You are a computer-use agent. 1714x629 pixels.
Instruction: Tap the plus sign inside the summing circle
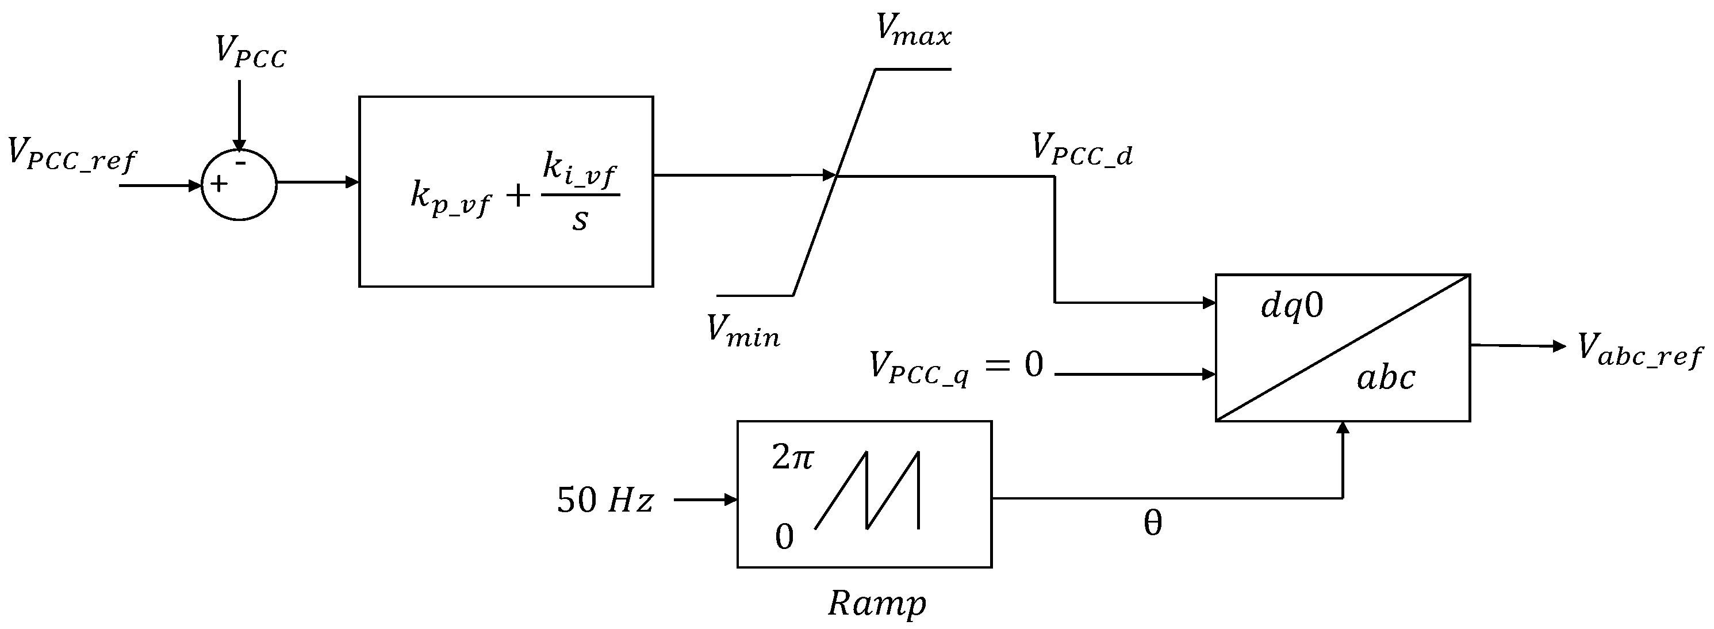(x=219, y=184)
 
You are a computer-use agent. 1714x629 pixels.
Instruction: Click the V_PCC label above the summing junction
(x=250, y=52)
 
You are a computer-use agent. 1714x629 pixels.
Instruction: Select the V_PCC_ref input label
(x=71, y=155)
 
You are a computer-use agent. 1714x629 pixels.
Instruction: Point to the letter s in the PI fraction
(x=580, y=220)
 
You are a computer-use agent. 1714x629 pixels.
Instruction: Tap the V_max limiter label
(x=914, y=30)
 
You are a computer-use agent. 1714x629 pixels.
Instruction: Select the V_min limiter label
(x=742, y=331)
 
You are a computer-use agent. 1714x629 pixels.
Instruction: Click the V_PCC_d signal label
(x=1081, y=149)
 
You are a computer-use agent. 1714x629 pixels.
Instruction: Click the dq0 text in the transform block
(x=1292, y=307)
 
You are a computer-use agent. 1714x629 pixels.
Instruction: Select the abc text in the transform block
(x=1385, y=378)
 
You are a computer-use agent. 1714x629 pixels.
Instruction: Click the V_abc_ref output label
(x=1639, y=350)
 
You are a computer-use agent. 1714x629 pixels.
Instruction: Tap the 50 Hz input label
(x=605, y=500)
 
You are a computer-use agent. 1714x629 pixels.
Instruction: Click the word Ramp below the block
(x=876, y=604)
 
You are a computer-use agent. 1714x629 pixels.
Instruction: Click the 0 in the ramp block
(x=784, y=536)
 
